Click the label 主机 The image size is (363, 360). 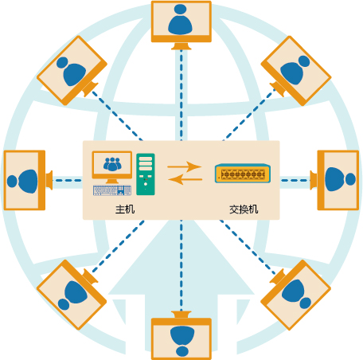tap(125, 209)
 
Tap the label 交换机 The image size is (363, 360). tap(244, 209)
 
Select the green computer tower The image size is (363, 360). tap(146, 174)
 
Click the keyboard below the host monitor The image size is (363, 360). tap(112, 190)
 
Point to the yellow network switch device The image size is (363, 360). tap(243, 174)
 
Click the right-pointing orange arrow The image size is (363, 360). tap(185, 166)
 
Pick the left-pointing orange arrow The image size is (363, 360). tap(185, 179)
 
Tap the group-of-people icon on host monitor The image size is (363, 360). tap(112, 164)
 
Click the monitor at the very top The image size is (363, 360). tap(181, 25)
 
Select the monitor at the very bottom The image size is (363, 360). tap(181, 335)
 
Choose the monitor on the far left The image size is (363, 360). tap(28, 180)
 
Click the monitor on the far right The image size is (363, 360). tap(335, 180)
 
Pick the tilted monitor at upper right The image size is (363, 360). tap(296, 71)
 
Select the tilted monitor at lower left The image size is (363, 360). tap(72, 295)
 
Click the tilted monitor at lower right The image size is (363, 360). tap(296, 295)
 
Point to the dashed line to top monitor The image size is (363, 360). tap(181, 95)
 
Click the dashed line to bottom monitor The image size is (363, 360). tap(181, 265)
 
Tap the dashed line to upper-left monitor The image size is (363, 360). tap(117, 115)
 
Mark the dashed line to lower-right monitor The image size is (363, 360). tap(248, 247)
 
